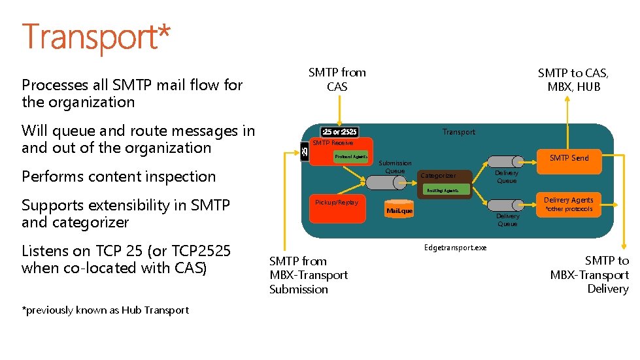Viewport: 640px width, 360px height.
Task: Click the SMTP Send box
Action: point(568,158)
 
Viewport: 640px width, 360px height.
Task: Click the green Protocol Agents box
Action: point(351,157)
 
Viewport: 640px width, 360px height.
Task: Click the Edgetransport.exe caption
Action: point(455,248)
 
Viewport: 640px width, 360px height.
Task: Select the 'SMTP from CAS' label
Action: point(337,79)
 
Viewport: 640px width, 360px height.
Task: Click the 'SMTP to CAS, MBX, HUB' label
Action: point(573,80)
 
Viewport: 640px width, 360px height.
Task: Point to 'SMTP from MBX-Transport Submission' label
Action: point(308,275)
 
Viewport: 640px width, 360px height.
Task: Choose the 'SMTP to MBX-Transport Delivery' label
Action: point(590,274)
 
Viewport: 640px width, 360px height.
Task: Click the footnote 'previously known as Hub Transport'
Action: point(106,310)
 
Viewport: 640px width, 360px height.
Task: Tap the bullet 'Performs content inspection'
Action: point(118,176)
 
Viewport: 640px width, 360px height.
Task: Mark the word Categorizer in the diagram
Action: point(438,176)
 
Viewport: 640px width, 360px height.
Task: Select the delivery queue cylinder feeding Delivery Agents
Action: point(507,206)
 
